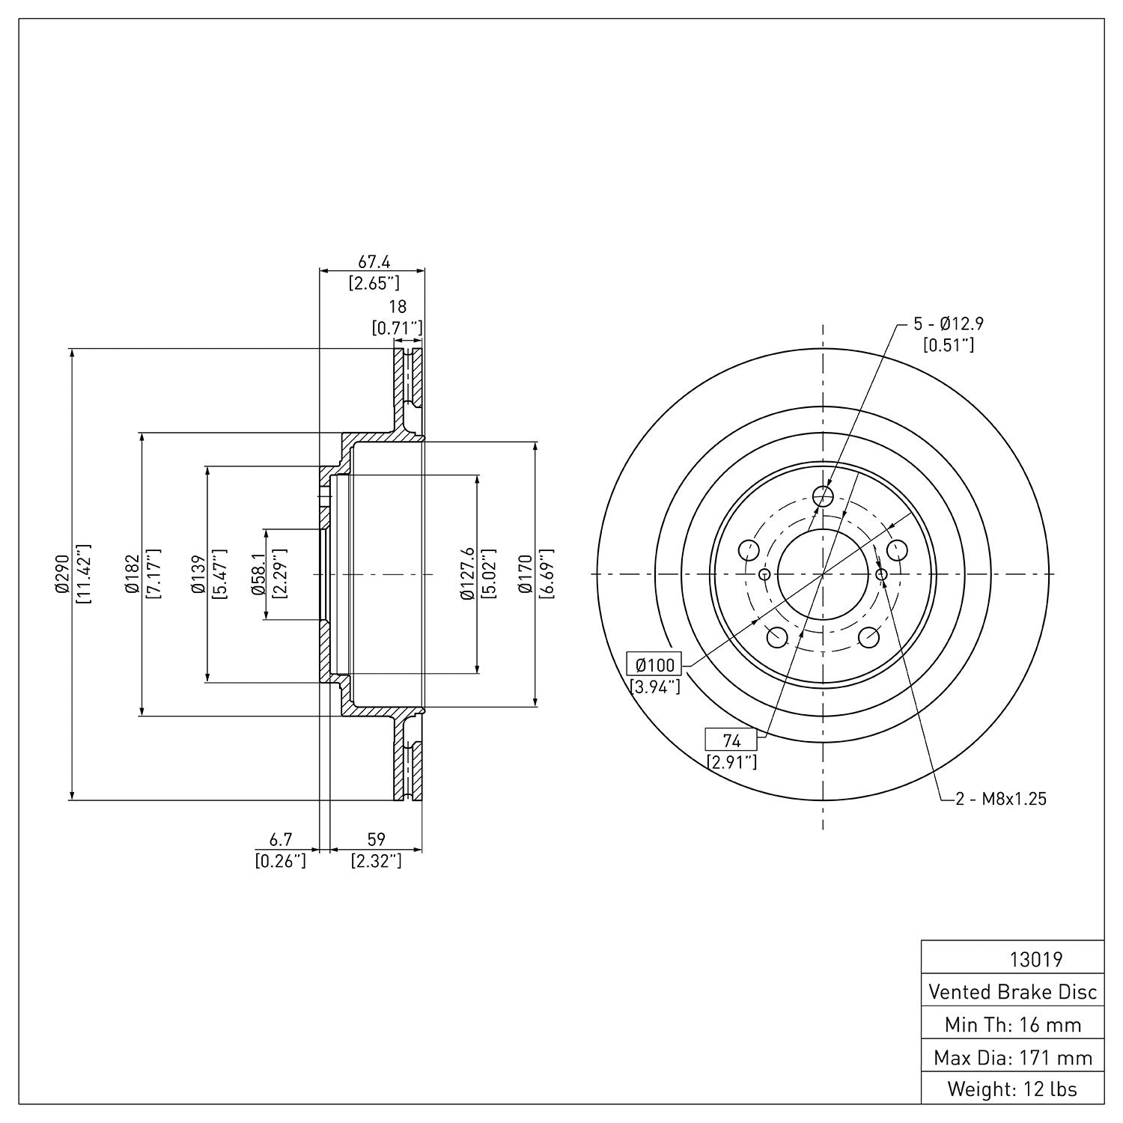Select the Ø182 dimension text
tap(132, 574)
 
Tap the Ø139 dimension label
tap(198, 574)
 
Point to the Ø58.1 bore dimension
tap(258, 574)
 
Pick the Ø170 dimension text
tap(526, 574)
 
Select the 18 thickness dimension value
tap(398, 306)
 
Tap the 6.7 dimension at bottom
tap(281, 841)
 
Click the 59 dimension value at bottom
tap(377, 841)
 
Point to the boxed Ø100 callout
tap(655, 664)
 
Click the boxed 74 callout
tap(731, 740)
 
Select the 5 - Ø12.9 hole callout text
tap(948, 324)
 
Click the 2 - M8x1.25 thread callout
tap(1001, 799)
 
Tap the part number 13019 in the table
tap(1036, 959)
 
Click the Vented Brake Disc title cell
tap(1012, 992)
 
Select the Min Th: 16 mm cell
tap(1012, 1025)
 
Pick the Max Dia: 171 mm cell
tap(1012, 1057)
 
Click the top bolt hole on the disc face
tap(823, 496)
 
